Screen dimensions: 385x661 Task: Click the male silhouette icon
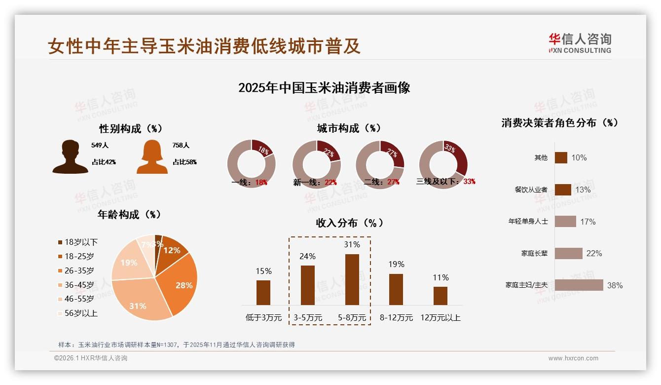(x=70, y=157)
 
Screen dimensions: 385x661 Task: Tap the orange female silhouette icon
(x=152, y=157)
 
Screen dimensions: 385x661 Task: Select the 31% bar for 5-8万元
(x=352, y=279)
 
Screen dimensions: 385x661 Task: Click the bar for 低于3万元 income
(x=263, y=292)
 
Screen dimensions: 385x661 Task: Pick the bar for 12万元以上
(x=440, y=296)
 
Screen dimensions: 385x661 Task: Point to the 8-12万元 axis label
(x=396, y=318)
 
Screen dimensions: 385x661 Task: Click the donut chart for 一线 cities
(x=251, y=164)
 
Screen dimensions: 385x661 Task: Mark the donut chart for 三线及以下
(x=442, y=164)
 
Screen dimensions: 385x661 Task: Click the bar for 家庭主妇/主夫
(x=579, y=285)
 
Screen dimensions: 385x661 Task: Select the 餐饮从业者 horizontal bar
(x=563, y=190)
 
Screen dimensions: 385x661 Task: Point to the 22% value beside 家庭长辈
(x=594, y=253)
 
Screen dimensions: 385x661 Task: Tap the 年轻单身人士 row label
(x=528, y=222)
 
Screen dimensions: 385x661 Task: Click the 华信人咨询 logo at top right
(x=580, y=43)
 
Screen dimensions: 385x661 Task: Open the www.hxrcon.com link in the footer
(x=573, y=358)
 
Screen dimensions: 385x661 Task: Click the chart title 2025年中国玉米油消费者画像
(x=324, y=88)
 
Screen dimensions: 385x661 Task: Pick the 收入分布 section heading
(x=349, y=223)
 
